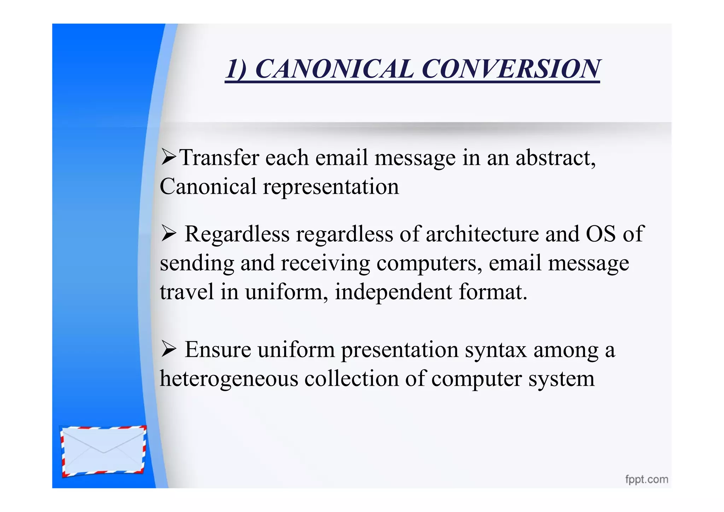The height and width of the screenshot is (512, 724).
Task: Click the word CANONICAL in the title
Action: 334,69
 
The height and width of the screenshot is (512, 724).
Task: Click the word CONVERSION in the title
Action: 511,69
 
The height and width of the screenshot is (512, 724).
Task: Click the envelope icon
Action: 103,451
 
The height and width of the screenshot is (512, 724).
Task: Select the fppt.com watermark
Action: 647,479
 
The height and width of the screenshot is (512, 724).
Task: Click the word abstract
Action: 555,158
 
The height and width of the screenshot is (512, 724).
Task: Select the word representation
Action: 331,187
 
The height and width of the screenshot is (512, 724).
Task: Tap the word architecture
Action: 482,234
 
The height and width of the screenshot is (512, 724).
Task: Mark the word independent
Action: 393,292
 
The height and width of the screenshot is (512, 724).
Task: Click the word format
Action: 493,292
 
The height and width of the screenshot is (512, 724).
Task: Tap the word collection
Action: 351,379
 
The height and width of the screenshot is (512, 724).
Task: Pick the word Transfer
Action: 219,158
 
